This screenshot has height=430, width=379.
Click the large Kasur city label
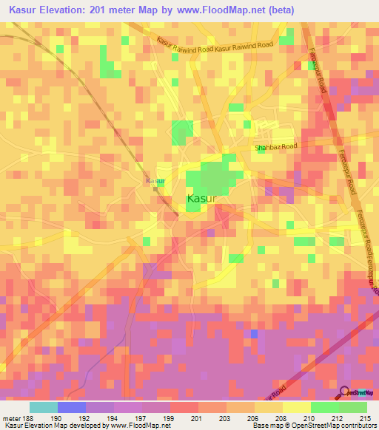201,199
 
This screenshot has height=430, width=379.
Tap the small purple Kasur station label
155,180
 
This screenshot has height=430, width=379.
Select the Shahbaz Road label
275,147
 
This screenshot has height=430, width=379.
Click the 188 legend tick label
28,417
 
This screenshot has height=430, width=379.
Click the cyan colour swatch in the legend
44,407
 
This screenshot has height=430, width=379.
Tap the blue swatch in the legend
72,407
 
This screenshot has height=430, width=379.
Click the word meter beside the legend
12,417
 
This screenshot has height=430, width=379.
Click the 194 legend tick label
113,417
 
